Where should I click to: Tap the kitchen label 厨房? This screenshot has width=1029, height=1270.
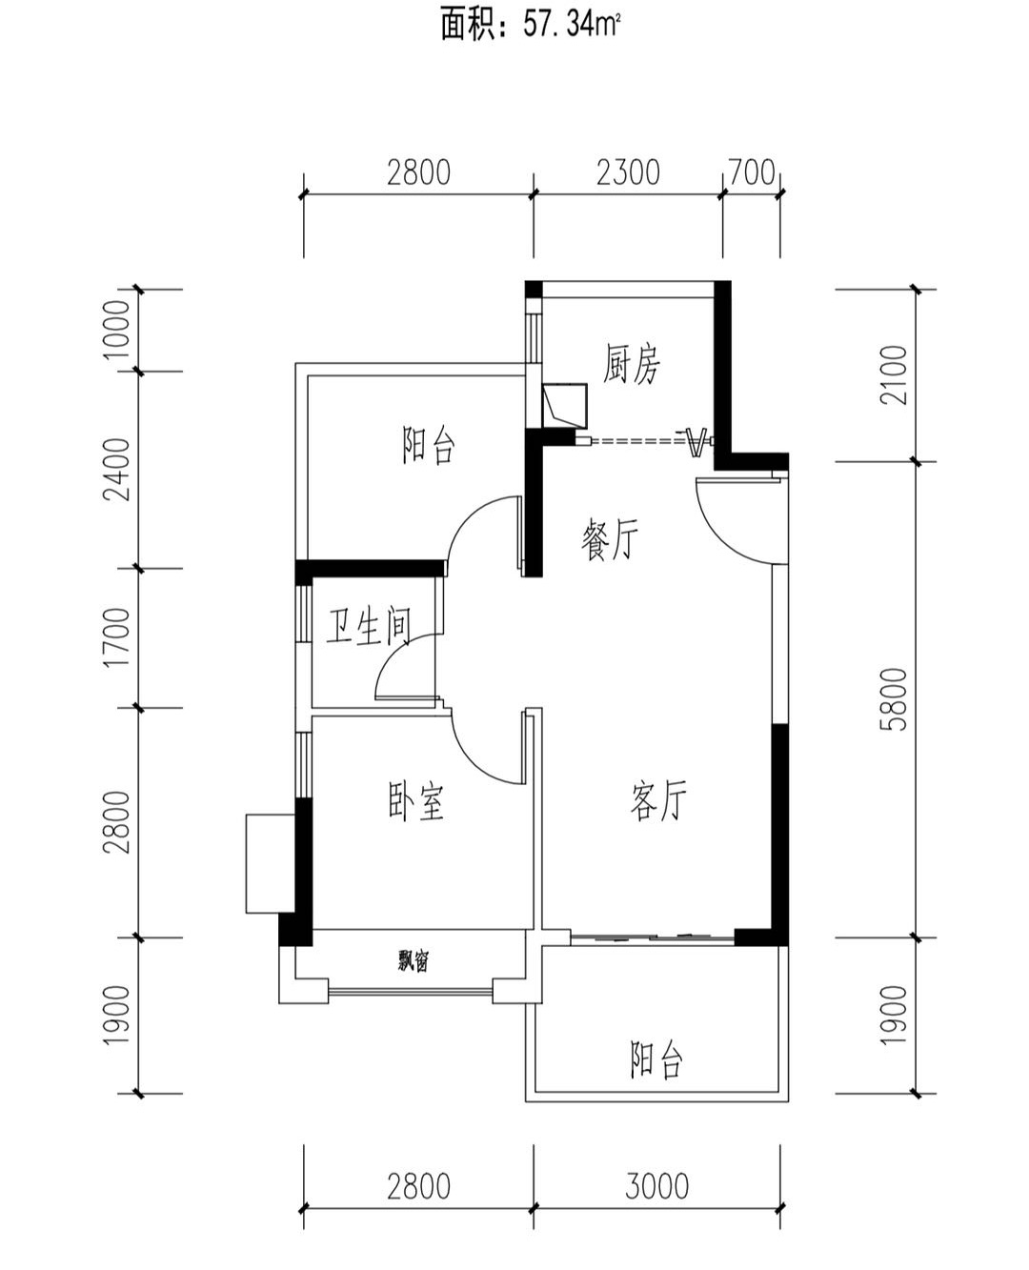click(x=632, y=363)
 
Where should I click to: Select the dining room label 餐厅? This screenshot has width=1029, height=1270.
click(x=610, y=538)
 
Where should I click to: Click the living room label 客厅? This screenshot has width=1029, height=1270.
click(x=658, y=800)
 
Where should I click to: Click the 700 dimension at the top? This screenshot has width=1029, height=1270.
click(x=752, y=172)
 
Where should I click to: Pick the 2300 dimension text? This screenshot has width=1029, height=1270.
click(x=629, y=172)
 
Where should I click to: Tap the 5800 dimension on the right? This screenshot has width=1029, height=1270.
click(x=896, y=699)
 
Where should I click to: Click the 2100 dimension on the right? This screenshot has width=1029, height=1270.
click(x=894, y=374)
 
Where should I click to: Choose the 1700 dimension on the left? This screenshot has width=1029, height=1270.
click(x=116, y=637)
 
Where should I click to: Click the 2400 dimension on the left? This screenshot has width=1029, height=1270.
click(x=116, y=470)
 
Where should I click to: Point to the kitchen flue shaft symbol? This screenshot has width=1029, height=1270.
click(x=565, y=405)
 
